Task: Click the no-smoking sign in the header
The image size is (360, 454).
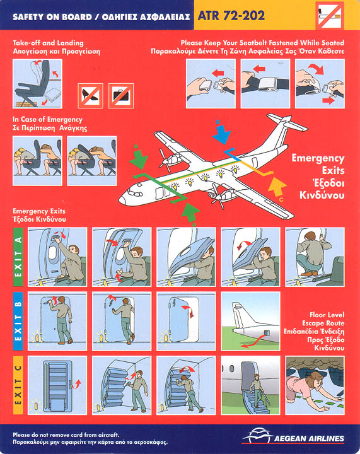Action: point(329,15)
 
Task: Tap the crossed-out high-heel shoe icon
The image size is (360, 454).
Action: point(90,96)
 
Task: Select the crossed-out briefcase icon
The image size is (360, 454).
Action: point(121,96)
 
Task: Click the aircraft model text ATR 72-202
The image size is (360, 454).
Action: point(231,16)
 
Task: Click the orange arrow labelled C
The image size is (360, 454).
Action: point(276,188)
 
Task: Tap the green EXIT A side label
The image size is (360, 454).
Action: point(18,257)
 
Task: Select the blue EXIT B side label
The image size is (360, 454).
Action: point(18,321)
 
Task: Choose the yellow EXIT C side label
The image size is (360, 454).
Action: point(18,385)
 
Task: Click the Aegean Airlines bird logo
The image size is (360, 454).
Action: point(257,435)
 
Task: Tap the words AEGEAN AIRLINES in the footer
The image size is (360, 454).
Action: point(309,438)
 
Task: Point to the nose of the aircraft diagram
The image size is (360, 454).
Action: point(123,200)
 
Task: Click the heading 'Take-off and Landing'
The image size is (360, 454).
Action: point(48,43)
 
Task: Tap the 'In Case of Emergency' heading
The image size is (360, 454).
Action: point(47,120)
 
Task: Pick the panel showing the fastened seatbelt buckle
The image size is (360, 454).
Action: point(265,84)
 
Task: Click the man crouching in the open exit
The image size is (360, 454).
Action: point(313,254)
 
